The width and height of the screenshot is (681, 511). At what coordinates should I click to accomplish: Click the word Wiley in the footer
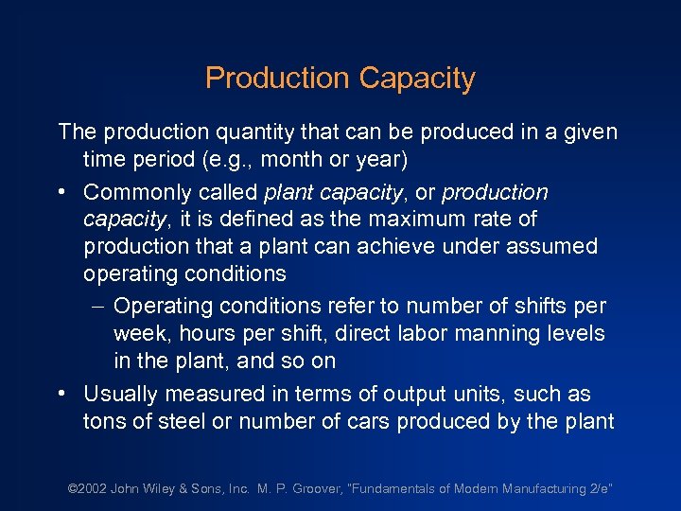point(169,488)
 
